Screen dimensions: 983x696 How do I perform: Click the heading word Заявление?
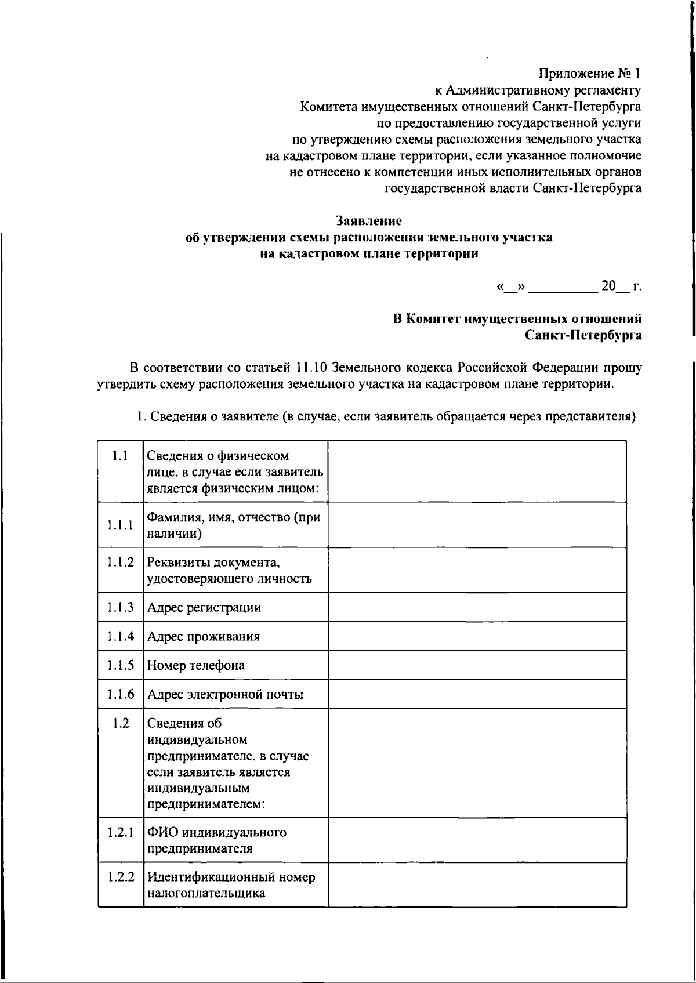point(369,221)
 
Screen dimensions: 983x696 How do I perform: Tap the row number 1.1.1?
point(120,525)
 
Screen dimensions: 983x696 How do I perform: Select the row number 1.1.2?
point(120,562)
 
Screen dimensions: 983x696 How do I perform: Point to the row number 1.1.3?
point(120,607)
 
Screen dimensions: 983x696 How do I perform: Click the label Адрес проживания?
point(203,636)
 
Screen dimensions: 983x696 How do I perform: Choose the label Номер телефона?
point(195,665)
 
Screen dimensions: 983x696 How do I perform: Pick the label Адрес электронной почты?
point(225,694)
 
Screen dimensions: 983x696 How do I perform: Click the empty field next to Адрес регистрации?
point(477,607)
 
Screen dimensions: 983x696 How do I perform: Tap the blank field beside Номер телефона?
point(477,665)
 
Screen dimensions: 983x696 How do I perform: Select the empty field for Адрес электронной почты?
point(477,694)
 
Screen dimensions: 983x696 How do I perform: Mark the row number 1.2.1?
point(120,832)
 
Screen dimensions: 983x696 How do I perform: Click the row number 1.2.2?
point(120,877)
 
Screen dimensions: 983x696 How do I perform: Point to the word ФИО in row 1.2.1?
point(162,833)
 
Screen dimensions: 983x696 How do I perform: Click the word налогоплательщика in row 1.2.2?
point(206,894)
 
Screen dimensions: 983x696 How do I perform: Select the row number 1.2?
point(120,723)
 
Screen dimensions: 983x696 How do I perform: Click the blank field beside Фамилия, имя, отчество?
point(477,525)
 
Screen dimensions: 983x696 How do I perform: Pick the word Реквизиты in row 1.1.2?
point(177,563)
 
